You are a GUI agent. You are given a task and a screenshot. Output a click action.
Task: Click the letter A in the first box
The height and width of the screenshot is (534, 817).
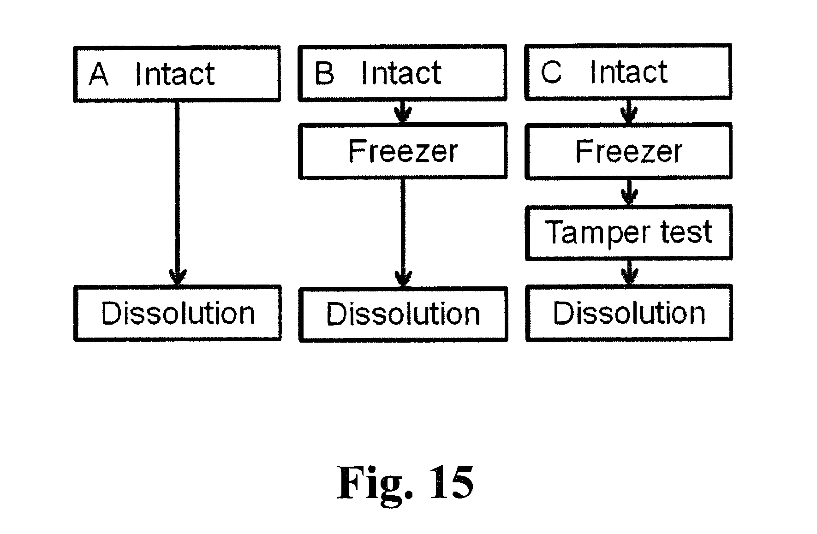click(99, 75)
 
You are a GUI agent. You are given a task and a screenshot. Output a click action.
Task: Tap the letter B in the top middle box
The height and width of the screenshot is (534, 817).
click(324, 73)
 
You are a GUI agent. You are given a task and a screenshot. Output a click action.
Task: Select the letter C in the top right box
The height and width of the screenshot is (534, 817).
click(551, 72)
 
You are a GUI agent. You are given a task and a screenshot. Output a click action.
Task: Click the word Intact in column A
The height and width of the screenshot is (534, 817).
click(174, 75)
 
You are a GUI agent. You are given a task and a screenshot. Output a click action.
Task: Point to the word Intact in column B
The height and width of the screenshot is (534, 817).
click(401, 73)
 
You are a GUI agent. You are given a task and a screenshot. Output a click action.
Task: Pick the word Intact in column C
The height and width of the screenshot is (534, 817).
click(628, 72)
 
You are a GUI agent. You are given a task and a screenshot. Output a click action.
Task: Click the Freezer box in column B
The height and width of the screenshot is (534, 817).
click(403, 151)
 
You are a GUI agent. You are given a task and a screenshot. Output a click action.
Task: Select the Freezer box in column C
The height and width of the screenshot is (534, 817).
click(628, 151)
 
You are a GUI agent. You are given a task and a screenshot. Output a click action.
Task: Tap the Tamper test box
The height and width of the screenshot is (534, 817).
click(628, 232)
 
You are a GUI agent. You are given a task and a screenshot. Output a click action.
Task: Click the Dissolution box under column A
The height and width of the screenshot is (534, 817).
click(178, 314)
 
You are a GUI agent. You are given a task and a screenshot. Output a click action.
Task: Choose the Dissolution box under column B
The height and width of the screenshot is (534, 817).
click(403, 314)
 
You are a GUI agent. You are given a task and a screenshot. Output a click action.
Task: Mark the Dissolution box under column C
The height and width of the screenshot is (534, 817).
click(629, 314)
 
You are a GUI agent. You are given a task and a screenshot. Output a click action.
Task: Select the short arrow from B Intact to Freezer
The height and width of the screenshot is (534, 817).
click(403, 112)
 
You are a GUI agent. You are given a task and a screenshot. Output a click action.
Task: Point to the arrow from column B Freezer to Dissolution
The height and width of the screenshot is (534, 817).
click(403, 233)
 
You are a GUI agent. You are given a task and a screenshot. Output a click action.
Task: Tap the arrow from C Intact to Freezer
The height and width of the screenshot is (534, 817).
click(629, 111)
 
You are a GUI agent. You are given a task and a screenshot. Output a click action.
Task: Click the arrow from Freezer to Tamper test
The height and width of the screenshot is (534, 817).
click(629, 192)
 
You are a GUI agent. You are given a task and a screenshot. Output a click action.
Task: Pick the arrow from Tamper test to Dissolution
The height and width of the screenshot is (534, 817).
click(629, 273)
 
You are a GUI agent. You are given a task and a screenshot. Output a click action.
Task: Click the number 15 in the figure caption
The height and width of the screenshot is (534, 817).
click(451, 483)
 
